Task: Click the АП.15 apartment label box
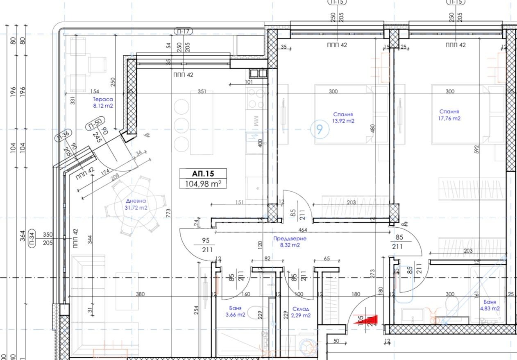pyautogui.click(x=203, y=174)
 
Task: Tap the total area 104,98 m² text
pyautogui.click(x=203, y=184)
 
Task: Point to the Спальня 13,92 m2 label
pyautogui.click(x=343, y=118)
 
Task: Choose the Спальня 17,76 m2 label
pyautogui.click(x=449, y=115)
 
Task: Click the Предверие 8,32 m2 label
pyautogui.click(x=290, y=242)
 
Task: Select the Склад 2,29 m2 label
pyautogui.click(x=301, y=312)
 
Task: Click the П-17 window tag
pyautogui.click(x=183, y=31)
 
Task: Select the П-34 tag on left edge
pyautogui.click(x=32, y=238)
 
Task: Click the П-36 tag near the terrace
pyautogui.click(x=64, y=135)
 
